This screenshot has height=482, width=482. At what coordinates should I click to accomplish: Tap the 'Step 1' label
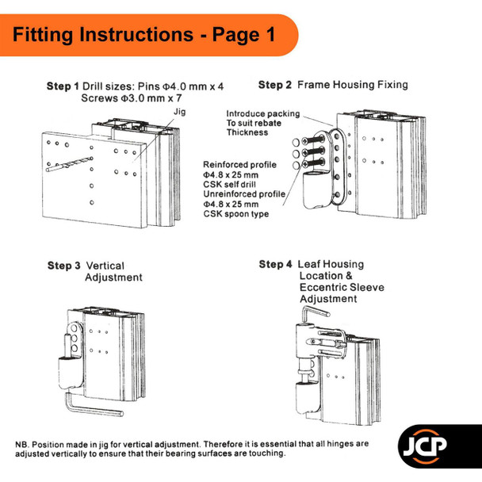63,86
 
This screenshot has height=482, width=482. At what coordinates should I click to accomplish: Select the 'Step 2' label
275,84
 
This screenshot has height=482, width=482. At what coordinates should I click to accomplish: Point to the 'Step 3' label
63,266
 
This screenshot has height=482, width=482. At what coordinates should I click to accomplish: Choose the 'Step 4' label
275,264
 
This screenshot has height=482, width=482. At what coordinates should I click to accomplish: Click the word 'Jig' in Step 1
178,112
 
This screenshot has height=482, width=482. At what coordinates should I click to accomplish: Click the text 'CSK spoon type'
236,214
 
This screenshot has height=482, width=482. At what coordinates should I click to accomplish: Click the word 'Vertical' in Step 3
105,266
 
